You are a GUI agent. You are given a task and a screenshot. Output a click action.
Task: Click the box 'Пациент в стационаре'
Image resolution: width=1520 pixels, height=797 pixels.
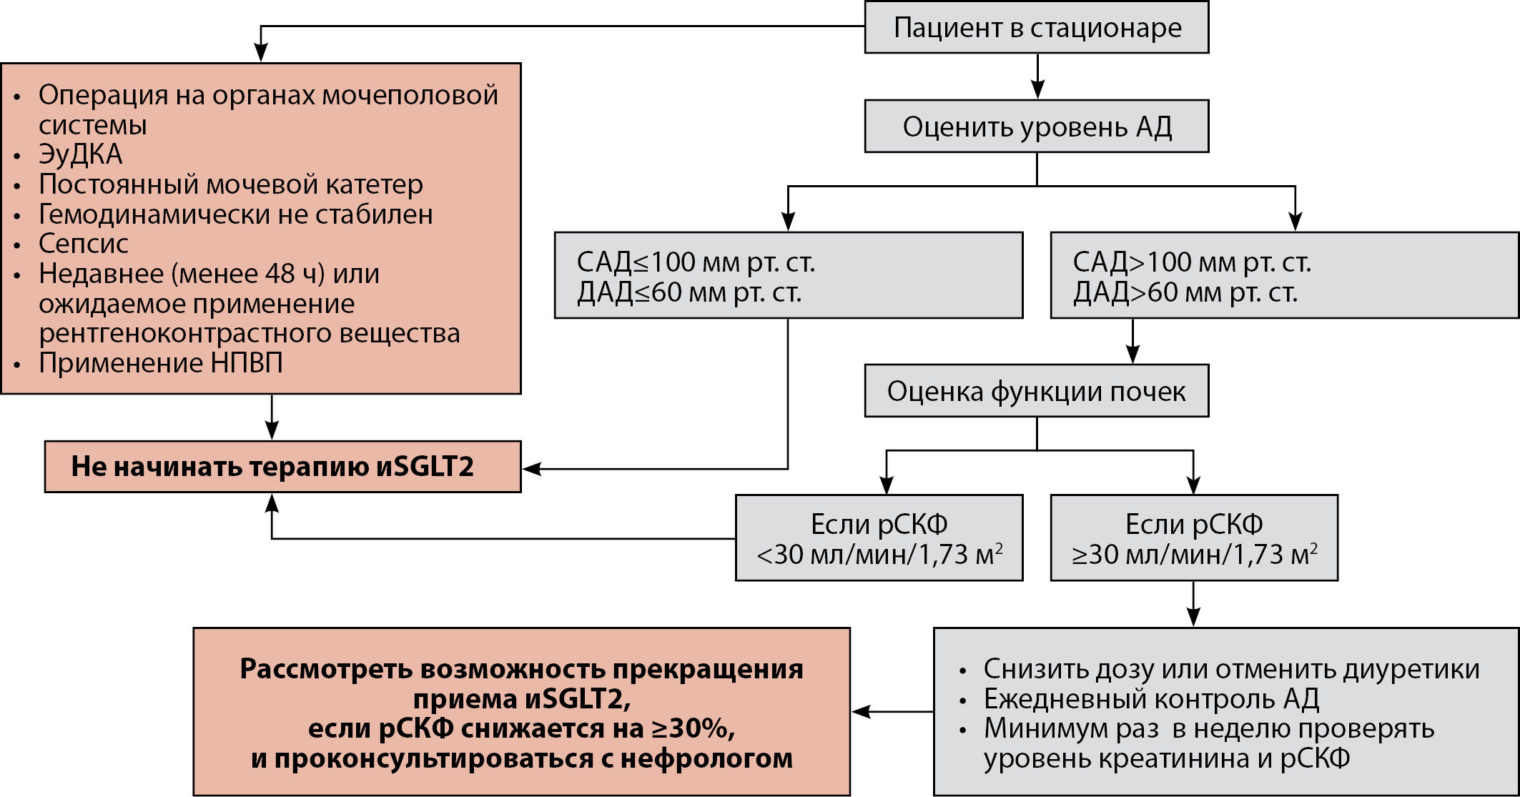1036,28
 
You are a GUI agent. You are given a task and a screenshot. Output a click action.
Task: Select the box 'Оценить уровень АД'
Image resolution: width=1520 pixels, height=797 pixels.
1036,127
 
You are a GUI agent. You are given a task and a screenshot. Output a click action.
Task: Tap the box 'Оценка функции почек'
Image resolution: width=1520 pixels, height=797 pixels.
1036,391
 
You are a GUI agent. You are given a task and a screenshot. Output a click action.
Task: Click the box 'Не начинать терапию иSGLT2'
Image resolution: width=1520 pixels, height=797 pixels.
282,467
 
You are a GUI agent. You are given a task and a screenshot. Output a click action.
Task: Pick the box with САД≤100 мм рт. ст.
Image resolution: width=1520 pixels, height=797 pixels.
788,276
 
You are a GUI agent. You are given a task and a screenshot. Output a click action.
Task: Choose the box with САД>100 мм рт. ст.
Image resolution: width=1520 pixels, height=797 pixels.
1283,276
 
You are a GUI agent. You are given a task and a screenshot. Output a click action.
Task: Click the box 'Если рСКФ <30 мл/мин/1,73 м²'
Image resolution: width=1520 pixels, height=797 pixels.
879,538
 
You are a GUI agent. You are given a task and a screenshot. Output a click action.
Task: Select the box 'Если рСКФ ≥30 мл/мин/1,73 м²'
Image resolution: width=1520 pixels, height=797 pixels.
1193,538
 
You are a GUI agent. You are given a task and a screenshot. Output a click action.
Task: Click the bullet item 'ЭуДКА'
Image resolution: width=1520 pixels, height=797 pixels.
81,154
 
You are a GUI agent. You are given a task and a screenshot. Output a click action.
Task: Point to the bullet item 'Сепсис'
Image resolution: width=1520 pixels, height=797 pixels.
84,244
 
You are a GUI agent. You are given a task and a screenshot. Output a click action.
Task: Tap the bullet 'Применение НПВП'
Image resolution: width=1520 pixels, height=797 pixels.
161,363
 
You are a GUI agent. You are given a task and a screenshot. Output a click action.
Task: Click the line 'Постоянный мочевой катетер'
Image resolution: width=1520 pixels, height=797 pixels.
230,184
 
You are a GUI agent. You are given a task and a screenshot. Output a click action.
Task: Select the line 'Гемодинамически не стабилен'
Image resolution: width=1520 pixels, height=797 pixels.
235,214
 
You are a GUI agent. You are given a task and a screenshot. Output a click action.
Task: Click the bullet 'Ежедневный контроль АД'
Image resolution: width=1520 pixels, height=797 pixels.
1151,698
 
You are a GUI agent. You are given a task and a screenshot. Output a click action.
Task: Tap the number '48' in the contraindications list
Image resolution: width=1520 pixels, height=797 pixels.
282,274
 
